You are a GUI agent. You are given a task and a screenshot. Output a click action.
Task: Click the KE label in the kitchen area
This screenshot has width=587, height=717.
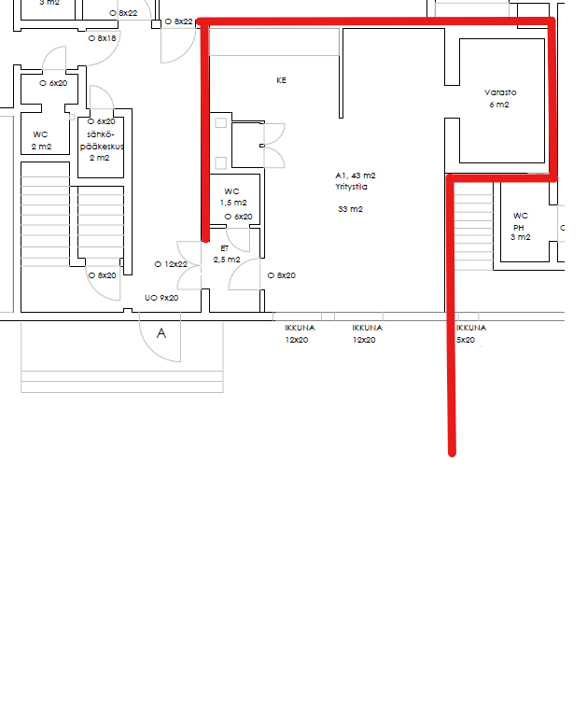coord(281,80)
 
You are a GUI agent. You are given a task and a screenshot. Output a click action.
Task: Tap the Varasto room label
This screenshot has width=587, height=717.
coord(500,92)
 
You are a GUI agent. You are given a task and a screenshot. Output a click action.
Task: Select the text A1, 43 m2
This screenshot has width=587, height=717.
coord(356,176)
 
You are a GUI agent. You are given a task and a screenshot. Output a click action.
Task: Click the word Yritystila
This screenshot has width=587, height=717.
coord(351,187)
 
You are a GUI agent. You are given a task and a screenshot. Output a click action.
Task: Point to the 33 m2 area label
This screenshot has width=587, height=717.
coord(350,209)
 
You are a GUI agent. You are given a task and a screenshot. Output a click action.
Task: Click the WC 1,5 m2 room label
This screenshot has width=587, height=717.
coord(233,197)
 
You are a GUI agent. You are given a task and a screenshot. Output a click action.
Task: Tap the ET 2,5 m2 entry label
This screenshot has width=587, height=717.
coord(226,254)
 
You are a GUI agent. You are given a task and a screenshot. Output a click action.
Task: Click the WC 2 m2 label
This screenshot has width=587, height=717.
coord(41,140)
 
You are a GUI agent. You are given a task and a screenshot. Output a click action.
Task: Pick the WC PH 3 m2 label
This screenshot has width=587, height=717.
coord(520,226)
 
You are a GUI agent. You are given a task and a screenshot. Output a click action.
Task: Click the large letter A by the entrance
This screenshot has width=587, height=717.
coord(161,333)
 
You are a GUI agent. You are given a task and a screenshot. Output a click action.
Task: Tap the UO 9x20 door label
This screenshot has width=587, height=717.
coord(161,298)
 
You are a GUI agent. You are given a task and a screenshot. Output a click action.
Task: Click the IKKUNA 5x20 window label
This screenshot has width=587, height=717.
coord(471,334)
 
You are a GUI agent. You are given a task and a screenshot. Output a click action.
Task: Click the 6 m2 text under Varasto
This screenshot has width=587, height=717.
coord(499,105)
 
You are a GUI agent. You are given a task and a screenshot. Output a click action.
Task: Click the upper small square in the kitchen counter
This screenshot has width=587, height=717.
coord(221,122)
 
